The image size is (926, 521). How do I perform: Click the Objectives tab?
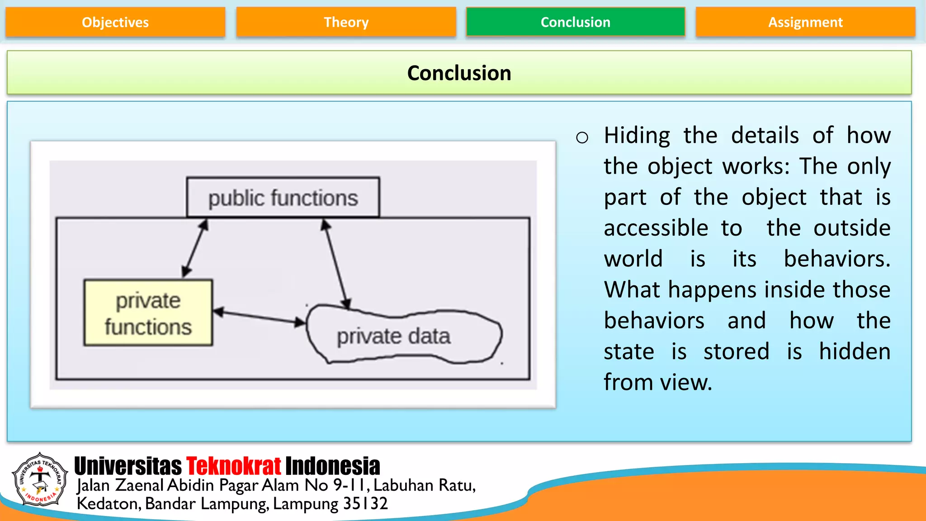pos(115,22)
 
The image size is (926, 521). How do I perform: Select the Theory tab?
pos(346,22)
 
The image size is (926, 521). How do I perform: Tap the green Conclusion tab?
pos(575,22)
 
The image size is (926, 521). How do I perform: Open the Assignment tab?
pos(805,22)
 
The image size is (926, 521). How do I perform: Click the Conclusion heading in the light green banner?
pos(459,73)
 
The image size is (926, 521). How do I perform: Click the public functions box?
pos(283,198)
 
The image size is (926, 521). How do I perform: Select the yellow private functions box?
pos(148,313)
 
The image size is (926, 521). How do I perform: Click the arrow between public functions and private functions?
pos(195,248)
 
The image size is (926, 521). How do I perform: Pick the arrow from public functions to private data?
pos(336,264)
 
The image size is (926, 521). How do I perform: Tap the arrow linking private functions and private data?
pos(259,317)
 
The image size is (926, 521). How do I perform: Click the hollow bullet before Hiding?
pos(582,137)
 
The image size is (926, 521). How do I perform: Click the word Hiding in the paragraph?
pos(637,136)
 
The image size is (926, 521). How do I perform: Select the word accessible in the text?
pos(656,228)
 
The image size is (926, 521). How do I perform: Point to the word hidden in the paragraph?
pos(855,351)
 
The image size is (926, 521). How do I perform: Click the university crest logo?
pos(40,479)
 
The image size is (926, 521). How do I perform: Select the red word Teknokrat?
pos(233,466)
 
